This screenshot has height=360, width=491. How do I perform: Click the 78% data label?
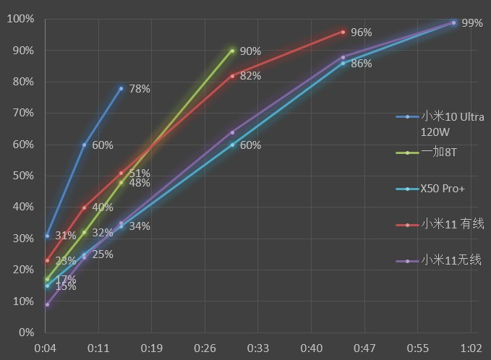pyautogui.click(x=140, y=89)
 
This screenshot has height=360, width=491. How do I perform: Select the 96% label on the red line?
pyautogui.click(x=361, y=33)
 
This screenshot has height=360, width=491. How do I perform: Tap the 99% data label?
pyautogui.click(x=471, y=23)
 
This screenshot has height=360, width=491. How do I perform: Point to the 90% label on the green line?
pyautogui.click(x=250, y=51)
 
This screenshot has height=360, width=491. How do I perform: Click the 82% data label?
pyautogui.click(x=250, y=76)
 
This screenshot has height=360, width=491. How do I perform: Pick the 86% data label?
pyautogui.click(x=361, y=64)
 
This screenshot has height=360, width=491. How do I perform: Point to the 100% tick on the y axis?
pyautogui.click(x=20, y=19)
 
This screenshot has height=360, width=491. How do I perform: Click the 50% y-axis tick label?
pyautogui.click(x=22, y=176)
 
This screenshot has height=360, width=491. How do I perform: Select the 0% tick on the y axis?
pyautogui.click(x=25, y=333)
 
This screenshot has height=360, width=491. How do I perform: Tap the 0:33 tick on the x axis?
pyautogui.click(x=258, y=348)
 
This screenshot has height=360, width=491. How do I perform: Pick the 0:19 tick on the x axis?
pyautogui.click(x=152, y=348)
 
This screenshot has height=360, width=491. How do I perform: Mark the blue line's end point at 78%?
pyautogui.click(x=121, y=88)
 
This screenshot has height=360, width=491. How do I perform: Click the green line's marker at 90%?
pyautogui.click(x=232, y=51)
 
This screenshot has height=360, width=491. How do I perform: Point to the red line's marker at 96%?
pyautogui.click(x=343, y=32)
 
